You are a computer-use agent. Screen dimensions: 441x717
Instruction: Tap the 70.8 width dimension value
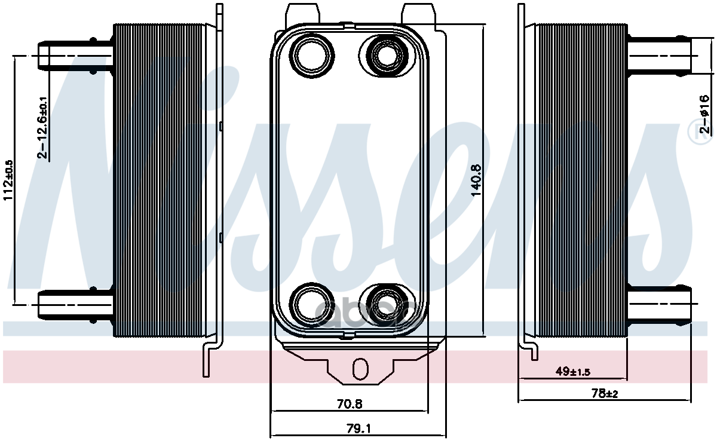coord(350,404)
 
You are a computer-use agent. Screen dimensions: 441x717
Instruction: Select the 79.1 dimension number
coord(358,428)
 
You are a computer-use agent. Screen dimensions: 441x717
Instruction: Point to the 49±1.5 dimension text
coord(572,372)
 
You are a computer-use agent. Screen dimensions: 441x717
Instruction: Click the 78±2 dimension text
coord(604,393)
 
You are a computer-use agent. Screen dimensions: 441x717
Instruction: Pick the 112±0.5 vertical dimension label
coord(9,179)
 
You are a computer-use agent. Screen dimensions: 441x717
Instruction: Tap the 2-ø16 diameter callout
coord(705,114)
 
